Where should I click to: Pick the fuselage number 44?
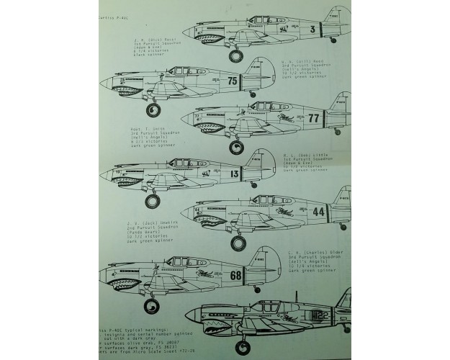coord(318,212)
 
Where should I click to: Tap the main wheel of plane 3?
coord(236,53)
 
